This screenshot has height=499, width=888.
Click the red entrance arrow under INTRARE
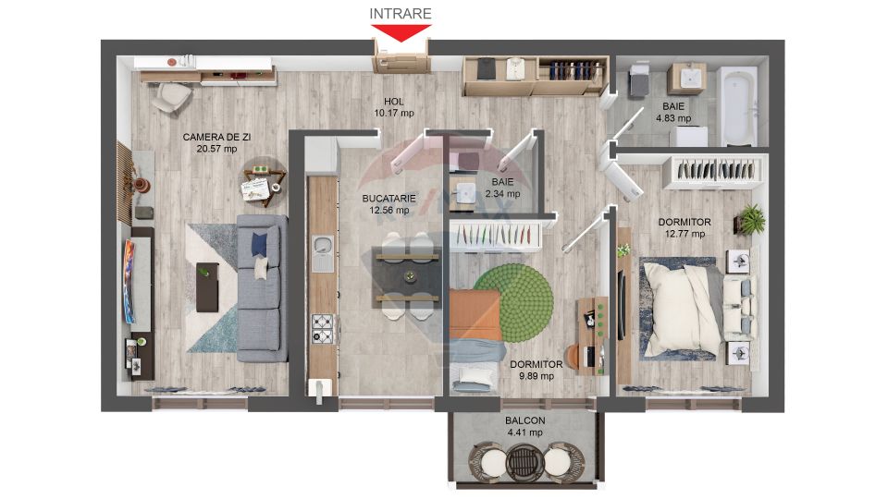[x=401, y=33]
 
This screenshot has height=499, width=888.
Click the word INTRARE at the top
[x=401, y=13]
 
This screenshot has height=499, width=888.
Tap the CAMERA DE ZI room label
[x=217, y=136]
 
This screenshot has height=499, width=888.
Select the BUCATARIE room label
[x=388, y=198]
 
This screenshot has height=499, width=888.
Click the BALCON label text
[x=524, y=420]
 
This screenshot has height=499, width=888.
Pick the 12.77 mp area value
[x=684, y=234]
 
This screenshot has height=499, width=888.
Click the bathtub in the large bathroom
[x=739, y=106]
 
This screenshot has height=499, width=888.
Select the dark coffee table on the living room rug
[x=208, y=286]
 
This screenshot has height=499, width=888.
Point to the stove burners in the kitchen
[x=322, y=326]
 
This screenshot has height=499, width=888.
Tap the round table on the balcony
[x=524, y=459]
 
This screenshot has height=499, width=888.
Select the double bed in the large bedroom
[x=680, y=310]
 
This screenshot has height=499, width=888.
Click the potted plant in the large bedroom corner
[x=751, y=220]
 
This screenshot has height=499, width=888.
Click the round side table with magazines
[x=260, y=182]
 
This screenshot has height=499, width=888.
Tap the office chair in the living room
[x=170, y=96]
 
